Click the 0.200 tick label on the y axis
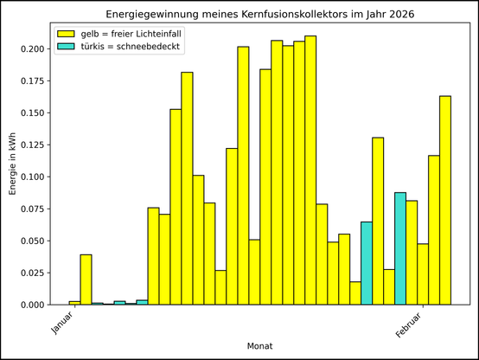coord(37,48)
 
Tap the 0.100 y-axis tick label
coord(37,177)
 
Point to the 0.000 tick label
coord(37,305)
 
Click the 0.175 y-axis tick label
coord(37,80)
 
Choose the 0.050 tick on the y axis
coord(37,241)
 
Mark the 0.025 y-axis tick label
coord(37,273)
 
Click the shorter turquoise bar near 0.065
coord(367,263)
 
